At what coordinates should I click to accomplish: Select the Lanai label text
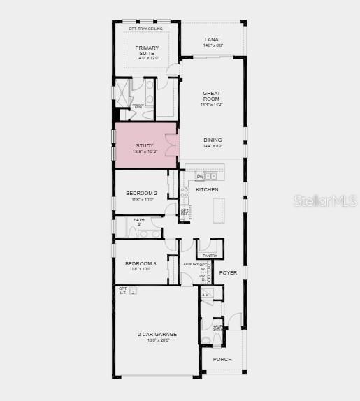pyautogui.click(x=213, y=39)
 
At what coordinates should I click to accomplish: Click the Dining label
pyautogui.click(x=213, y=140)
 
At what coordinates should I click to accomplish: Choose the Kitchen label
pyautogui.click(x=207, y=189)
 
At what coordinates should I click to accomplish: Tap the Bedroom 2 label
pyautogui.click(x=141, y=193)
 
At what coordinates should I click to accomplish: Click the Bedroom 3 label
pyautogui.click(x=141, y=263)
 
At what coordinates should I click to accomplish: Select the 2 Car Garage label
pyautogui.click(x=153, y=334)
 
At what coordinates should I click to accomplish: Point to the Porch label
pyautogui.click(x=222, y=359)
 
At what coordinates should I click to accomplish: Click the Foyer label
pyautogui.click(x=229, y=273)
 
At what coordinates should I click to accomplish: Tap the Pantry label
pyautogui.click(x=210, y=256)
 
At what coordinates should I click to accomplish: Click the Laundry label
pyautogui.click(x=190, y=264)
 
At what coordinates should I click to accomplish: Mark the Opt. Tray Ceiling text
pyautogui.click(x=146, y=29)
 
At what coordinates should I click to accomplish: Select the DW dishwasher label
pyautogui.click(x=199, y=176)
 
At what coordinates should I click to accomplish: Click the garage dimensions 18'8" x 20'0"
pyautogui.click(x=153, y=340)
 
